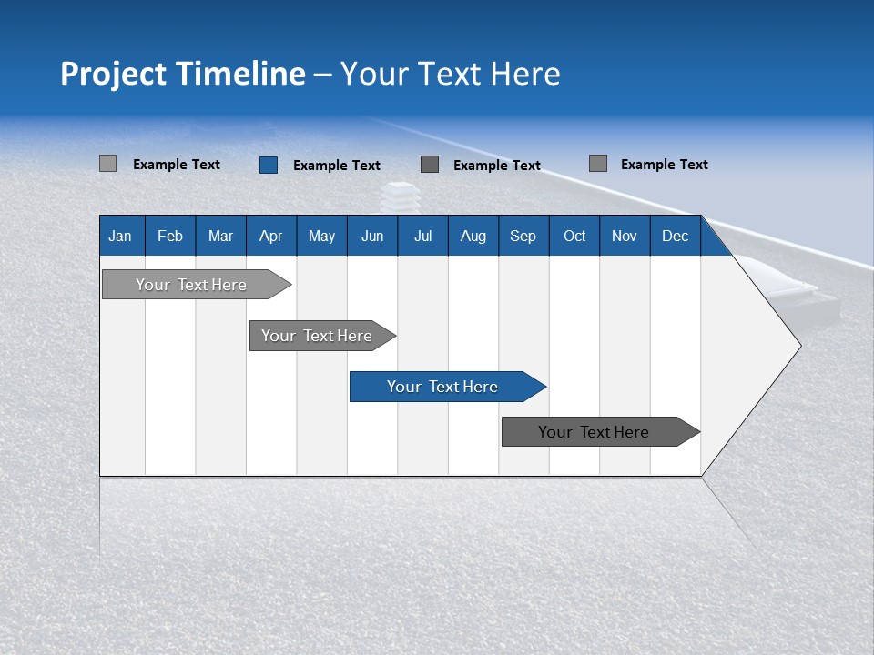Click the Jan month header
point(120,236)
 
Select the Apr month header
point(271,236)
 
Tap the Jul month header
point(422,236)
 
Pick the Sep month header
point(523,236)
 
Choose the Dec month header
point(675,236)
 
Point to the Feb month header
point(170,236)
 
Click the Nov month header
point(624,236)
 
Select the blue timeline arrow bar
point(443,387)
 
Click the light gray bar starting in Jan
point(192,285)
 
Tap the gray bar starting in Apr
point(318,336)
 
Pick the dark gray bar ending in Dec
point(595,432)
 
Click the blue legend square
point(269,165)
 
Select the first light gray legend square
point(107,164)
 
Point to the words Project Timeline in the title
point(182,74)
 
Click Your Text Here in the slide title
point(450,74)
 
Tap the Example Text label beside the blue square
point(337,166)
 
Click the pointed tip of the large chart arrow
point(798,346)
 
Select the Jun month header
point(372,236)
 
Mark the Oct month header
point(574,236)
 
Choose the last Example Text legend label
point(665,165)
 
